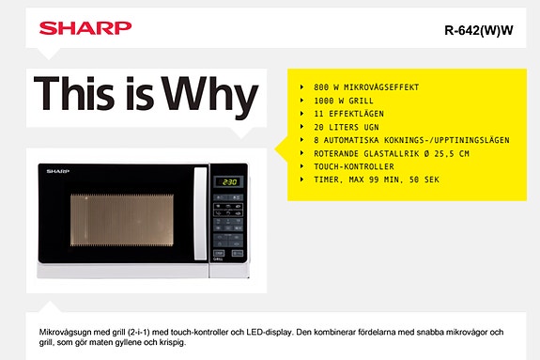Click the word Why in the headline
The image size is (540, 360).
click(x=208, y=94)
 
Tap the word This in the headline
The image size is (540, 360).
click(x=81, y=94)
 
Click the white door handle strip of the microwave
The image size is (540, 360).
click(x=199, y=220)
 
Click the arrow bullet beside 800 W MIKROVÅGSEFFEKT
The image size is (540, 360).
click(x=301, y=86)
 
